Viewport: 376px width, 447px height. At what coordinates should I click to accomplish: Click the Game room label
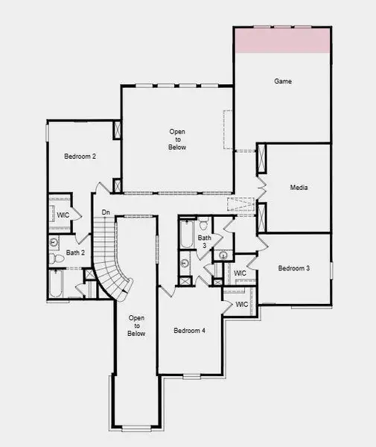(x=282, y=80)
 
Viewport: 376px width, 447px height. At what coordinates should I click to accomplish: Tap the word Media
(x=299, y=188)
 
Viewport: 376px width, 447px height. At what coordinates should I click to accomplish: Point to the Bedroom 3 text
(x=293, y=268)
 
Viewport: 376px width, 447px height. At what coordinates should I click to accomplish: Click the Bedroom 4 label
(x=189, y=330)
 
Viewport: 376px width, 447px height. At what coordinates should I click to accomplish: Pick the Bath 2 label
(x=75, y=253)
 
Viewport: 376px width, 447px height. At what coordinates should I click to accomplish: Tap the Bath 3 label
(x=204, y=241)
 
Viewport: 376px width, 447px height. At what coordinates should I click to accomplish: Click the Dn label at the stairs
(x=106, y=213)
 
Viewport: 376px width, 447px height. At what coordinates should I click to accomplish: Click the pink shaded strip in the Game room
(x=282, y=40)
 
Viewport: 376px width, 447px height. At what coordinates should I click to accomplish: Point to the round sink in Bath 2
(x=54, y=242)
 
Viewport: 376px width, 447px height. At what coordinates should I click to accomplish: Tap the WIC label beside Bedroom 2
(x=63, y=215)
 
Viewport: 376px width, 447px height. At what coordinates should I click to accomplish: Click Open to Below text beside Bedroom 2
(x=176, y=139)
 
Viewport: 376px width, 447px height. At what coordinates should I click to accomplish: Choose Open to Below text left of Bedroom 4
(x=136, y=326)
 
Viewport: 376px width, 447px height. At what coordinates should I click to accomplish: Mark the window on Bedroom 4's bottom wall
(x=192, y=375)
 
